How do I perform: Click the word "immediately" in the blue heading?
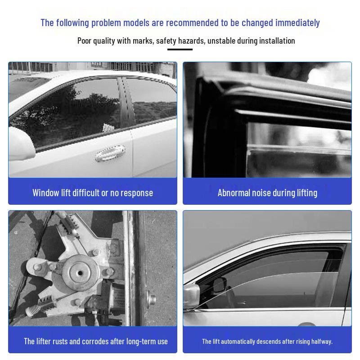click(297, 23)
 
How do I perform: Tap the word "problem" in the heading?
click(106, 23)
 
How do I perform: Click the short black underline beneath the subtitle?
click(180, 49)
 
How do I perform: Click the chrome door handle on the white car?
click(110, 153)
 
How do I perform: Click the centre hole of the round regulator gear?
click(80, 273)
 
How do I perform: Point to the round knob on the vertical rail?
click(151, 299)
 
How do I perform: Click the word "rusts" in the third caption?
click(60, 342)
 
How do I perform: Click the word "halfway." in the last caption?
click(322, 342)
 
